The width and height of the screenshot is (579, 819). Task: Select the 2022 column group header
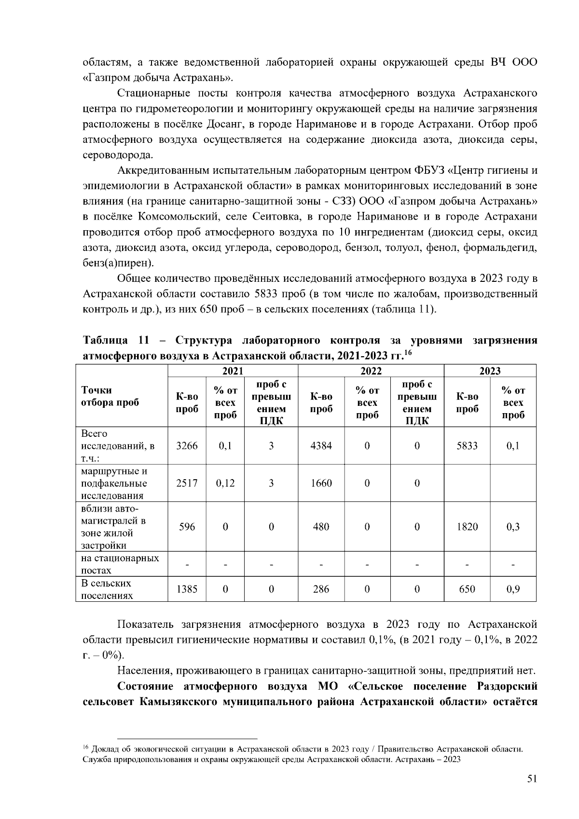[371, 371]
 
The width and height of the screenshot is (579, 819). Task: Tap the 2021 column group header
[233, 371]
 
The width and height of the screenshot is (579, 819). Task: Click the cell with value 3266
[187, 445]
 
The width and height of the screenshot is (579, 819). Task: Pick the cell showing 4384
[321, 445]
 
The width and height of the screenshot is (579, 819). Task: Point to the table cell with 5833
[467, 445]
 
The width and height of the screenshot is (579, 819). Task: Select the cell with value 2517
[187, 483]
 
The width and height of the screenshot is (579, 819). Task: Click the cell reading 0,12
[225, 483]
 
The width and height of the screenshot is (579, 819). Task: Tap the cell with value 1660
[321, 483]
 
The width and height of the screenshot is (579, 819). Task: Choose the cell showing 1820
[467, 527]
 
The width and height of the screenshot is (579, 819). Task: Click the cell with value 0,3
[513, 527]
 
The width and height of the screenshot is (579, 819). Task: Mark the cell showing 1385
[187, 589]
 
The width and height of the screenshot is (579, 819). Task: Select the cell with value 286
[321, 589]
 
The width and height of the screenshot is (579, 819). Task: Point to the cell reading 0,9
[513, 589]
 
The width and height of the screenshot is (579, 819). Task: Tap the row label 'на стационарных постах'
[120, 564]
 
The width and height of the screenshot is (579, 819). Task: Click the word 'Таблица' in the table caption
[105, 341]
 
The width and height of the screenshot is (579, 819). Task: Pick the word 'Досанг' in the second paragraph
[226, 124]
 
